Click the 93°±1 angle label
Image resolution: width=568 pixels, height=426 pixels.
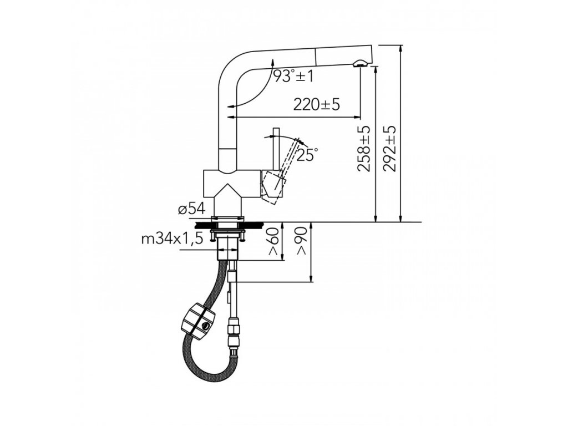pos(293,76)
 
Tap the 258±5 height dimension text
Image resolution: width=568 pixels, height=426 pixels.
pos(364,149)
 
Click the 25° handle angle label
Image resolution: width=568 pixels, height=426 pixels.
pos(307,155)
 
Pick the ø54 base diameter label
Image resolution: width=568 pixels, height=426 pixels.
pos(192,209)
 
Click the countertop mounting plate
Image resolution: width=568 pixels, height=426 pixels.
pos(227,225)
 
